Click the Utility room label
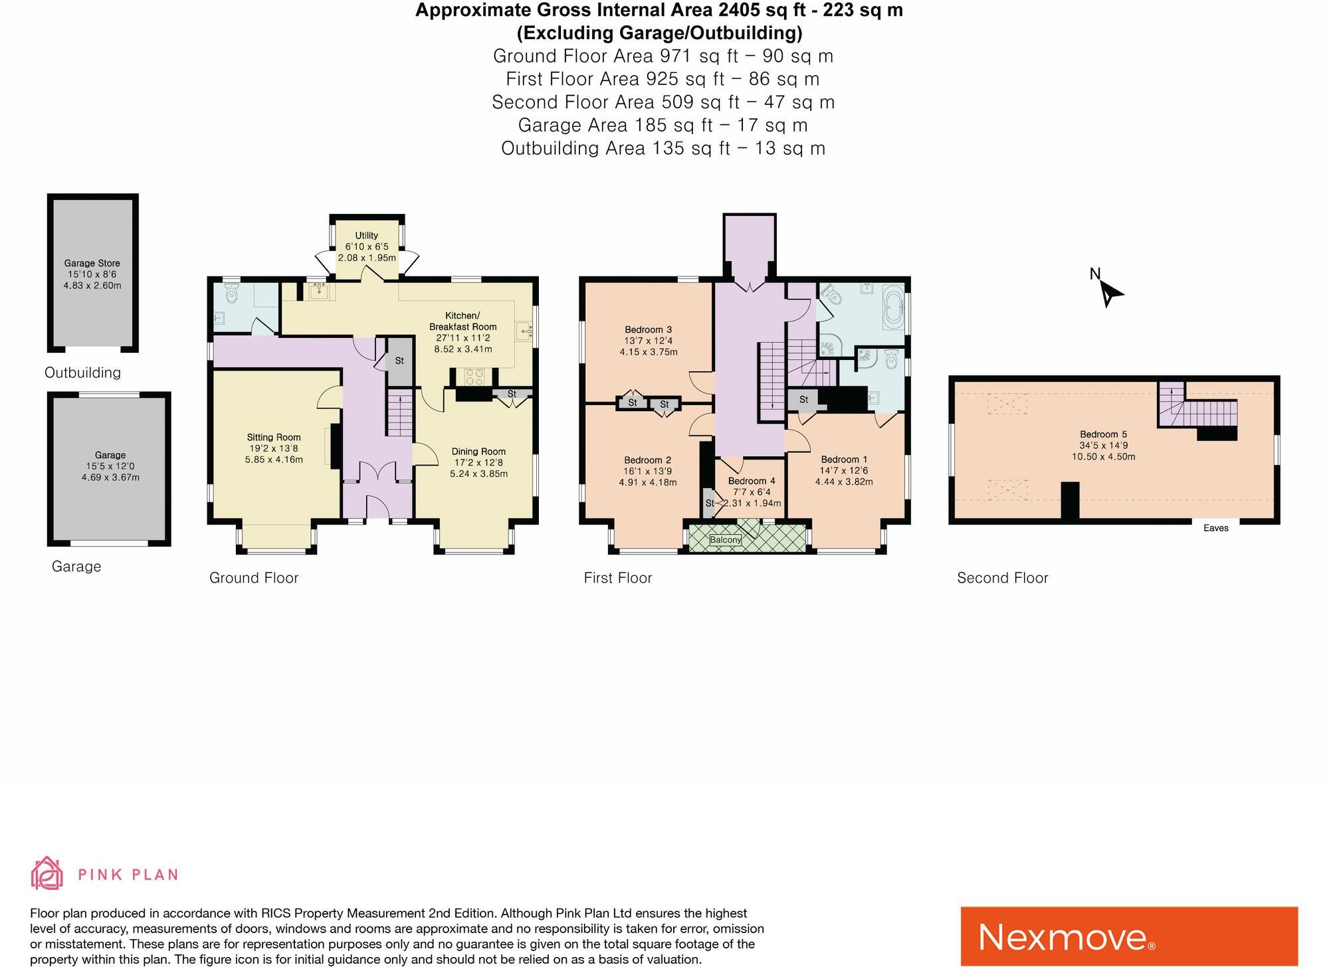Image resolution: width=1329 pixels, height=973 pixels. pos(366,235)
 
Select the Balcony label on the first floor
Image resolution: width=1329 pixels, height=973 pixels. pos(725,539)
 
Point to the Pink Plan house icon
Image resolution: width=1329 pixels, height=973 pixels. pos(47,873)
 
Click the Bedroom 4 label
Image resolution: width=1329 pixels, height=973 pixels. pos(752,481)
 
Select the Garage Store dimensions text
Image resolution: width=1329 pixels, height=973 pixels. pos(92,280)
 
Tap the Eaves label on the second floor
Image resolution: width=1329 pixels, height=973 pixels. pos(1215,528)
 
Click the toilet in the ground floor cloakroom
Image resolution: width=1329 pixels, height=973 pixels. pos(231,293)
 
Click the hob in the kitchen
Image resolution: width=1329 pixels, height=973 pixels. pos(474,377)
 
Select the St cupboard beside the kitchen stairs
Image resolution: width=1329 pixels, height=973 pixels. pos(399,361)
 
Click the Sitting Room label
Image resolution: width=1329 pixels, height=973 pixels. pos(274,437)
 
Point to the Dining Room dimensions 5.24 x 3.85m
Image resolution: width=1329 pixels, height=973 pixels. pos(478,474)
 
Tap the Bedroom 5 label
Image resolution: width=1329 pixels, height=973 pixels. pos(1103,434)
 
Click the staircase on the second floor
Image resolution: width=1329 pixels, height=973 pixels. pos(1196,412)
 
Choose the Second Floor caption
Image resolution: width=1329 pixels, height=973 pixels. pos(1002,578)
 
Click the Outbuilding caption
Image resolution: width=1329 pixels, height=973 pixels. pos(82,373)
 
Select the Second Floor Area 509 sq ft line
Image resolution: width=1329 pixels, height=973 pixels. pos(663,102)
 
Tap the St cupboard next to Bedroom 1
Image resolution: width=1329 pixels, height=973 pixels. pos(803,400)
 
